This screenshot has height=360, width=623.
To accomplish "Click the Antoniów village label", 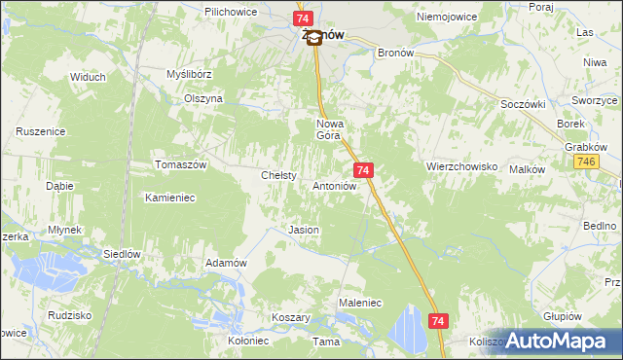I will pyautogui.click(x=338, y=185).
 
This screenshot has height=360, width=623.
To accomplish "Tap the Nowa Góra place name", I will pyautogui.click(x=331, y=130).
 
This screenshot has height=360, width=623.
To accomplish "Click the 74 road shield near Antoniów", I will pyautogui.click(x=362, y=170).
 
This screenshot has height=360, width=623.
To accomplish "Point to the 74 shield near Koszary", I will pyautogui.click(x=438, y=320).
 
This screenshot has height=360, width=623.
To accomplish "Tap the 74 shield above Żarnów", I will pyautogui.click(x=304, y=18).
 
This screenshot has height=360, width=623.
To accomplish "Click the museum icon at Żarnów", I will pyautogui.click(x=313, y=41).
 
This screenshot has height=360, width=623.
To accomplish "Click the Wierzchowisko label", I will pyautogui.click(x=461, y=166).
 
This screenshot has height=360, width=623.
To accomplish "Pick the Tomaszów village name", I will pyautogui.click(x=181, y=164).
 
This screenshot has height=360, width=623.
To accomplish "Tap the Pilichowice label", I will pyautogui.click(x=231, y=11).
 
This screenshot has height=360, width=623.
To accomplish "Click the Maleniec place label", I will pyautogui.click(x=359, y=303).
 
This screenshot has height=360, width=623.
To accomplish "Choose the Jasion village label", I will pyautogui.click(x=304, y=230).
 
